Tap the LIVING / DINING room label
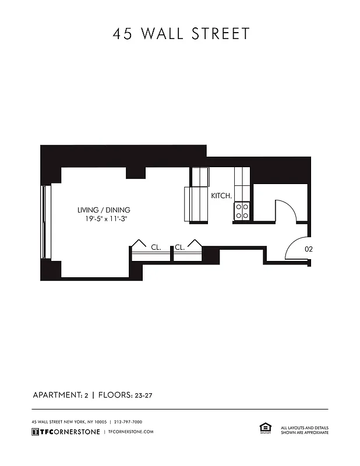104,210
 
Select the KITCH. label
221,196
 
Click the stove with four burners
242,211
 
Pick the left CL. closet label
156,247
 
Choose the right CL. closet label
179,247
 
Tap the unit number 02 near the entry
309,248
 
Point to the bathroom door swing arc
287,210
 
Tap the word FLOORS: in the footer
117,395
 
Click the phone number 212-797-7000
128,422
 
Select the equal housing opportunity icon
265,429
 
